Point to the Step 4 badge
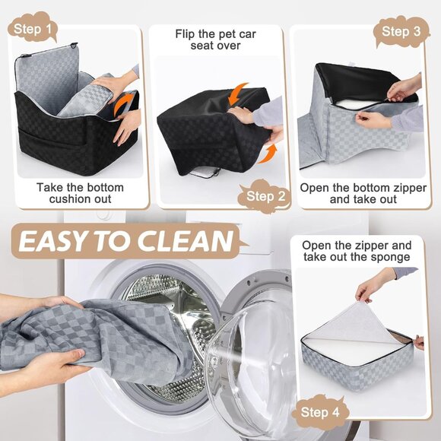[320, 413]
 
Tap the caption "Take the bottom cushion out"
[75, 193]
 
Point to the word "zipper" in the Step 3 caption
[393, 187]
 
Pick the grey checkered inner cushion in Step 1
[91, 103]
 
